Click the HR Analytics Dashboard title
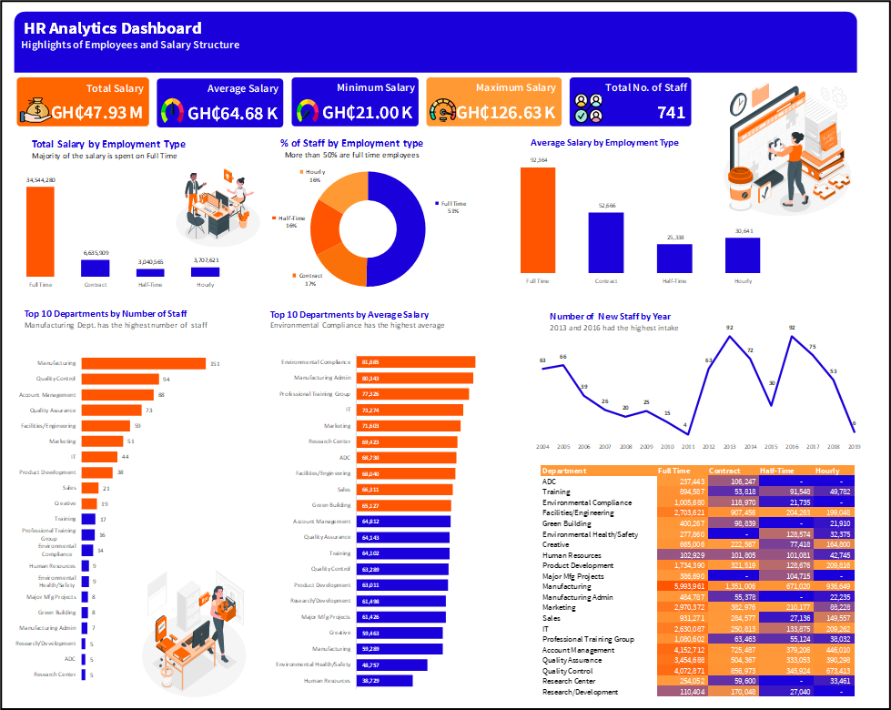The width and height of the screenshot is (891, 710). pyautogui.click(x=113, y=29)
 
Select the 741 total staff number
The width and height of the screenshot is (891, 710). pyautogui.click(x=671, y=113)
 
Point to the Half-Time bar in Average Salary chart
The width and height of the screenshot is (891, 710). pyautogui.click(x=675, y=259)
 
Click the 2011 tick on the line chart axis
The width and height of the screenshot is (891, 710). pyautogui.click(x=686, y=448)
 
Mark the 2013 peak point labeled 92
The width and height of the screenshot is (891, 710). pyautogui.click(x=730, y=336)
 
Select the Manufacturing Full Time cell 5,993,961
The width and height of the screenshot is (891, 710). pyautogui.click(x=680, y=587)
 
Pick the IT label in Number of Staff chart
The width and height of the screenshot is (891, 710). pyautogui.click(x=74, y=456)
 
